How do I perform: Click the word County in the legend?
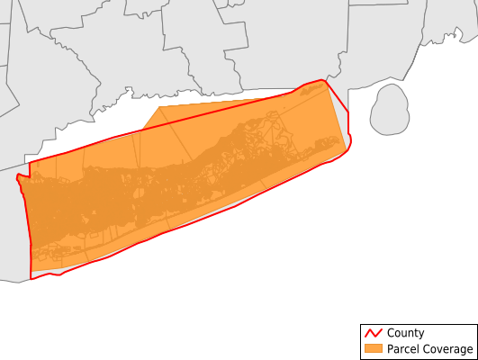(x=407, y=333)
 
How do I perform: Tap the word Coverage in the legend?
(x=448, y=349)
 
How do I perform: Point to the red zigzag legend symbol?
(x=373, y=333)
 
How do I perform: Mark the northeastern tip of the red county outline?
(x=324, y=80)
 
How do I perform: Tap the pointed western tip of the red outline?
(x=18, y=176)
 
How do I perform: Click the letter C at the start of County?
(x=390, y=333)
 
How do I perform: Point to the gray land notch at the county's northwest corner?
(x=24, y=169)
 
